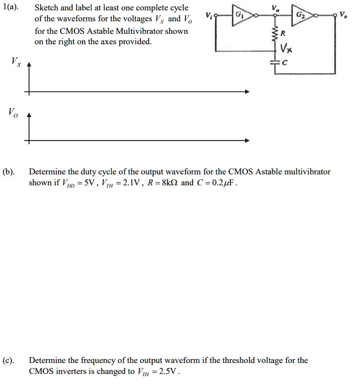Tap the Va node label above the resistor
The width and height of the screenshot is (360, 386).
(x=275, y=8)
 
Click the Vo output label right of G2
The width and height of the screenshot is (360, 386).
(x=343, y=15)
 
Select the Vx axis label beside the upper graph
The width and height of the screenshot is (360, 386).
(x=15, y=61)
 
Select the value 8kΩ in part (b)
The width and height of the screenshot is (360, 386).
(x=165, y=183)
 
